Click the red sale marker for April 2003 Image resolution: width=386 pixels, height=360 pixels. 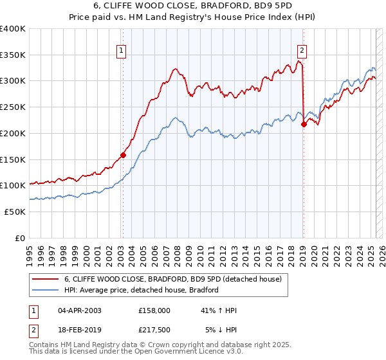tap(123, 155)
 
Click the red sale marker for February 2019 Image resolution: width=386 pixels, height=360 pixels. tap(304, 124)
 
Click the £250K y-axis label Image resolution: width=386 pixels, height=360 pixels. tap(13, 107)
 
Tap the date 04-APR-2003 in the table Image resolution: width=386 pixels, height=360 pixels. tap(80, 310)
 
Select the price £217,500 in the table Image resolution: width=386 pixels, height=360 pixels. tap(154, 330)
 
